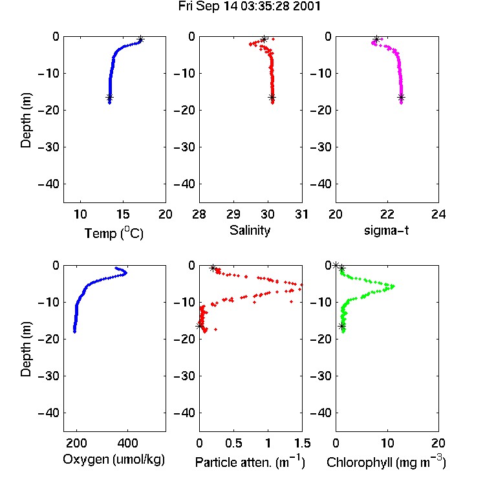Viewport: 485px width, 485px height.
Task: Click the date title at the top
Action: pyautogui.click(x=250, y=6)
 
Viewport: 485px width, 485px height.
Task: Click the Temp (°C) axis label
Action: pyautogui.click(x=114, y=233)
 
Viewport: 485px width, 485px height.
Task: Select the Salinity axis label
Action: pyautogui.click(x=250, y=230)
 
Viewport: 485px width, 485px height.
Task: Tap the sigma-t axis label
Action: pyautogui.click(x=386, y=230)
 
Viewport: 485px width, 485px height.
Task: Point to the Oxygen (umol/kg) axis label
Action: pyautogui.click(x=114, y=460)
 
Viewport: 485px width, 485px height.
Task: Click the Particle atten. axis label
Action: pyautogui.click(x=250, y=462)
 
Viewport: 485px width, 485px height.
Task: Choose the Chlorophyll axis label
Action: pyautogui.click(x=386, y=462)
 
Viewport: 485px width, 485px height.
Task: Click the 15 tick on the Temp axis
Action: pyautogui.click(x=123, y=214)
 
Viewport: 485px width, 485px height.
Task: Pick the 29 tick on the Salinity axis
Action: pyautogui.click(x=233, y=214)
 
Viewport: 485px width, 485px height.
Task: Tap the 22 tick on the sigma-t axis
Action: pyautogui.click(x=387, y=214)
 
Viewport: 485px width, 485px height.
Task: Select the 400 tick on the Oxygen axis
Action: pyautogui.click(x=127, y=443)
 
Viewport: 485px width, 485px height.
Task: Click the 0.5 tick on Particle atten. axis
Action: pyautogui.click(x=233, y=443)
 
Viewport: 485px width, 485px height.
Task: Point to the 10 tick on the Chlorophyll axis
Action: pyautogui.click(x=387, y=443)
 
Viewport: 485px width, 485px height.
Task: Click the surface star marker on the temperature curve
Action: pyautogui.click(x=141, y=39)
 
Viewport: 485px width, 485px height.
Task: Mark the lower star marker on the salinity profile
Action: pyautogui.click(x=272, y=98)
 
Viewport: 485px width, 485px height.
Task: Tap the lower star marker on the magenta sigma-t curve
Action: pyautogui.click(x=401, y=98)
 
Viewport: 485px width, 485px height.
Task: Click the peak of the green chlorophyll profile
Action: pyautogui.click(x=393, y=286)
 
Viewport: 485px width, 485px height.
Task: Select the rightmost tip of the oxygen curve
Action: pyautogui.click(x=126, y=273)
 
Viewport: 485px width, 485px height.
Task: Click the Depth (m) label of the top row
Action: pyautogui.click(x=26, y=120)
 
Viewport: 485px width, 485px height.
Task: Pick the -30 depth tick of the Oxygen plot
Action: pyautogui.click(x=48, y=376)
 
